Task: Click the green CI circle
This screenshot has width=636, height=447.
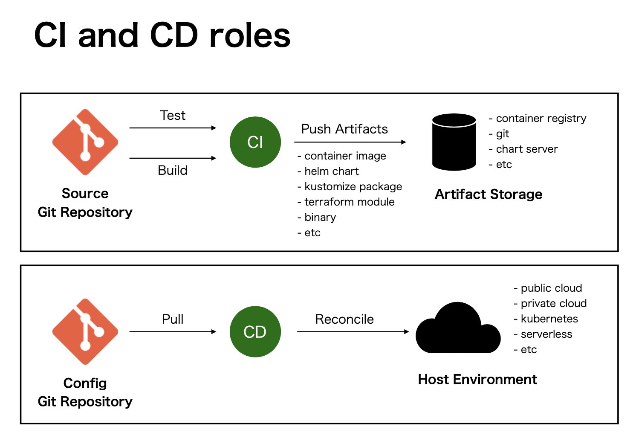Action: point(255,142)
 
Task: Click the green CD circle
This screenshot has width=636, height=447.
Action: point(255,331)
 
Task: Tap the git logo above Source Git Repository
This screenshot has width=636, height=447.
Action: point(85,142)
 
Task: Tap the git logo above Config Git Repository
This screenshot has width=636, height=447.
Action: point(85,331)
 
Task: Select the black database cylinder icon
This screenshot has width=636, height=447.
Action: point(454,142)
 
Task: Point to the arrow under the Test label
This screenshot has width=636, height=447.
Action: point(173,128)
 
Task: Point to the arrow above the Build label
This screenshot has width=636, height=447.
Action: point(173,158)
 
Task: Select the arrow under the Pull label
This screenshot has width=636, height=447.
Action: point(173,331)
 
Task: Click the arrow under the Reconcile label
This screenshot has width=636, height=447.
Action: point(353,331)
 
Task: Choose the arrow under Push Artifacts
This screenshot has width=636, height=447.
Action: point(350,142)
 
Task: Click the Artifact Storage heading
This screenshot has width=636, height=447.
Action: point(489,194)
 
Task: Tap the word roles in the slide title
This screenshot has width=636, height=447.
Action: point(250,35)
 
